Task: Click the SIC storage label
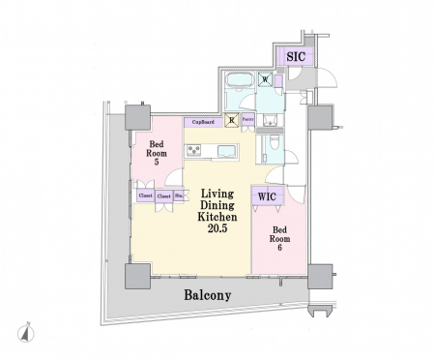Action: tap(297, 57)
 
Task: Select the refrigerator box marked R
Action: tap(231, 121)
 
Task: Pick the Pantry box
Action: tap(248, 121)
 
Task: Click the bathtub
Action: tap(238, 80)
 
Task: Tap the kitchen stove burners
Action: tap(193, 150)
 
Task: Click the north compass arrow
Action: tap(32, 332)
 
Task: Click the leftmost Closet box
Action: tap(144, 195)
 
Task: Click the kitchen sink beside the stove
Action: tap(224, 150)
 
